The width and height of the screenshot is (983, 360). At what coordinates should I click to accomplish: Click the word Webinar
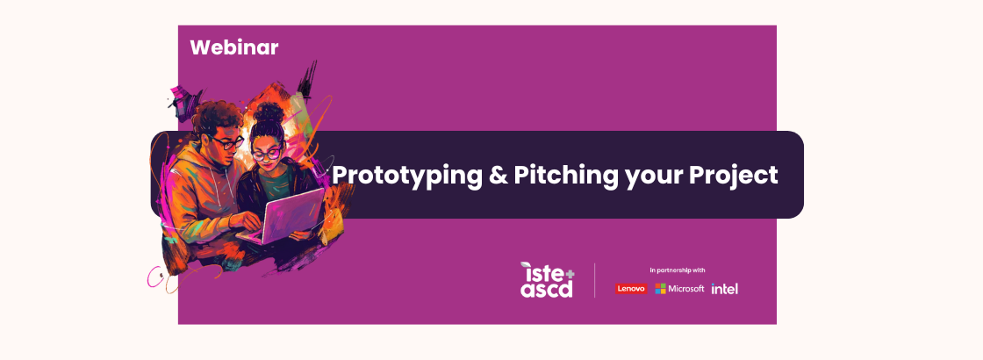[233, 47]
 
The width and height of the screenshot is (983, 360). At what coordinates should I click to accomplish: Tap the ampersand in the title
[498, 175]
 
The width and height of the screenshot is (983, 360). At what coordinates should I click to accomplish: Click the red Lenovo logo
[631, 289]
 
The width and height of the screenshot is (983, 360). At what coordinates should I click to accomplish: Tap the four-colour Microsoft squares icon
[660, 289]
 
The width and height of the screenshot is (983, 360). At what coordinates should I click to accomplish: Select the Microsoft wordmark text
[686, 289]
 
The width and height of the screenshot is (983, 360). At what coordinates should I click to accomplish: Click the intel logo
[725, 289]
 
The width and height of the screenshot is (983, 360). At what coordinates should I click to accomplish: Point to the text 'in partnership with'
[678, 270]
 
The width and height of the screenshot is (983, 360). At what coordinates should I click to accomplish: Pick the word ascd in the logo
[546, 290]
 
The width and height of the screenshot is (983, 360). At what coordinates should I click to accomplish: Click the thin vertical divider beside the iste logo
[595, 280]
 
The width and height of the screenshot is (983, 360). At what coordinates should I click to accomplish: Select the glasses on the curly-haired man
[227, 142]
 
